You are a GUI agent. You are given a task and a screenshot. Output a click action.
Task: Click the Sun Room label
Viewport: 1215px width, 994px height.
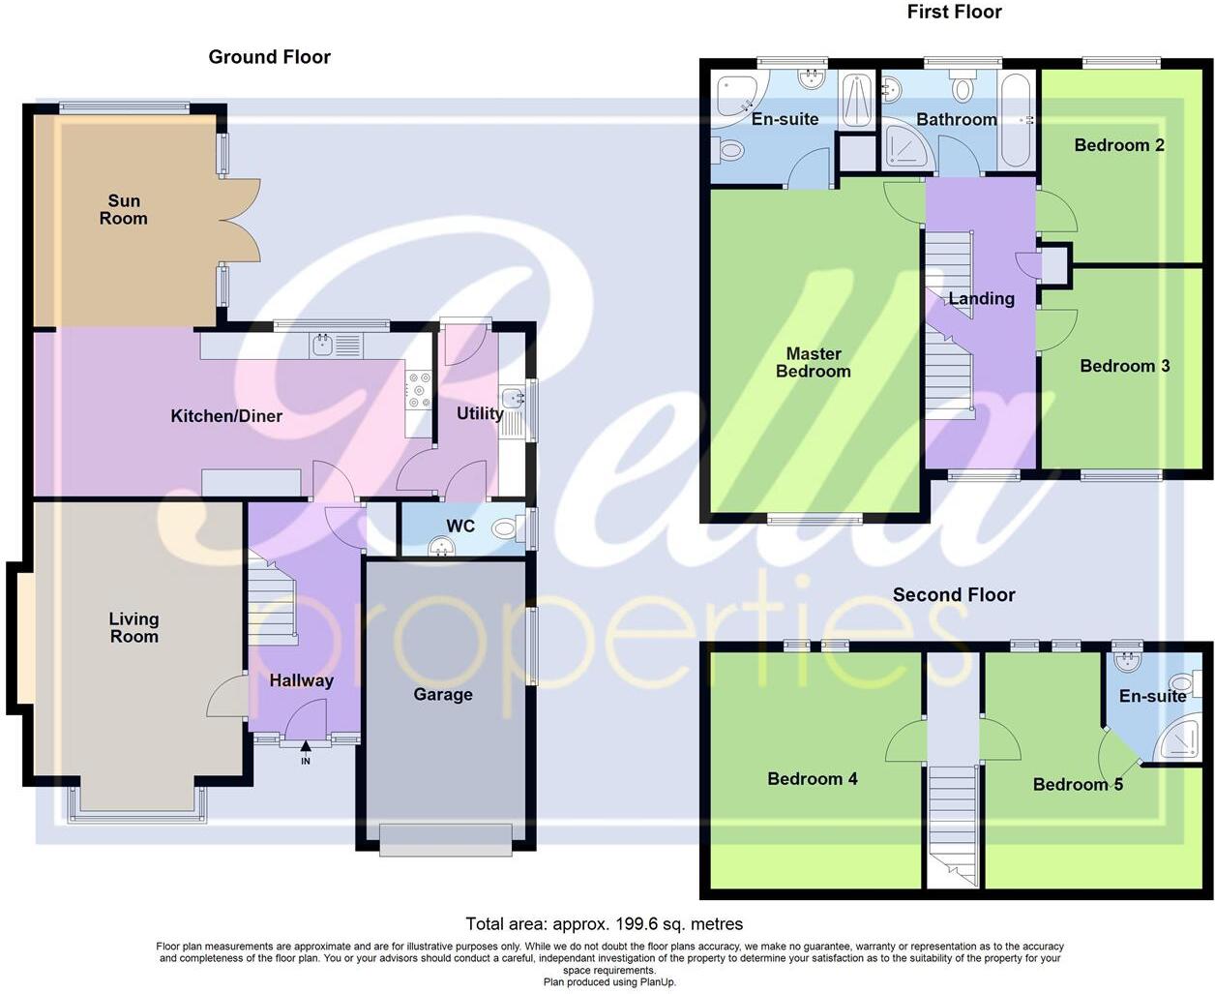[124, 210]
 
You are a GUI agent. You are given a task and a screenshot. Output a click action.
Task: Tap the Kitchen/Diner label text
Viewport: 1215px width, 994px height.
[226, 416]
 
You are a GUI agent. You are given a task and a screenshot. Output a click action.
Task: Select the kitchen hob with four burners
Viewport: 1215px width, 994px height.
[419, 389]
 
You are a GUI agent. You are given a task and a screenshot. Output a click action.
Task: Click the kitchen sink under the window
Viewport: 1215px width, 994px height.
[323, 345]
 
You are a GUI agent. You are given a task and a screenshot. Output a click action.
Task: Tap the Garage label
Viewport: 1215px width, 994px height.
[443, 694]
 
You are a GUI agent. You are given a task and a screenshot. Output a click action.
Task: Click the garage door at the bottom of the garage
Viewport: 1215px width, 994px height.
[446, 838]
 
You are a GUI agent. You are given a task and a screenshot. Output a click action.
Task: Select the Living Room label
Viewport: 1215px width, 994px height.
[133, 627]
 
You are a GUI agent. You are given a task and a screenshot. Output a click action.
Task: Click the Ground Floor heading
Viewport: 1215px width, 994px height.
[270, 57]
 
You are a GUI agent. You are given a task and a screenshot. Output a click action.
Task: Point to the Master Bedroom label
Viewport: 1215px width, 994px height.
[813, 362]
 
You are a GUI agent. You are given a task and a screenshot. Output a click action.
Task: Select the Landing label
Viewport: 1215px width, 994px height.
[981, 298]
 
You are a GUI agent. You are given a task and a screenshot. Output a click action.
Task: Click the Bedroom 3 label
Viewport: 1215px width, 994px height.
[1124, 366]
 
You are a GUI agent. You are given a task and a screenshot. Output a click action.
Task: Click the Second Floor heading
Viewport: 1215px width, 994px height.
[954, 595]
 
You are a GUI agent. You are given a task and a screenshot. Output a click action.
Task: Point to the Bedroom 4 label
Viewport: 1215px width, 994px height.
[812, 779]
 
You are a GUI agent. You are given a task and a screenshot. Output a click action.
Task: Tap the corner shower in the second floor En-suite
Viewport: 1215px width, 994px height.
[1182, 740]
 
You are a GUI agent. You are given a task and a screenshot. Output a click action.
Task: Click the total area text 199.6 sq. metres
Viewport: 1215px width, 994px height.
[605, 923]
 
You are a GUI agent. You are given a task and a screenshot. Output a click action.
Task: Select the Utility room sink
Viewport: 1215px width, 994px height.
[512, 397]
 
